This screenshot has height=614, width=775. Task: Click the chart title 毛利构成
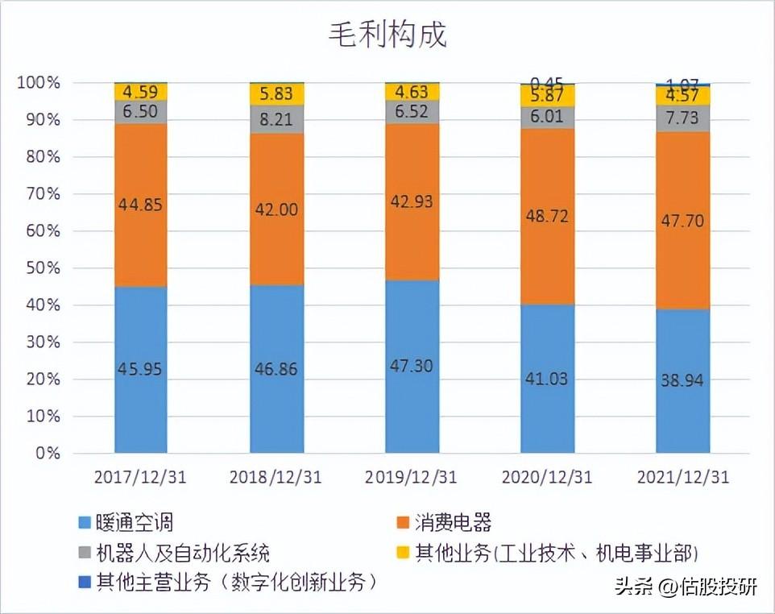pyautogui.click(x=387, y=35)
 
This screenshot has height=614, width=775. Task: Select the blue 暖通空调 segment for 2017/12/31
pyautogui.click(x=141, y=370)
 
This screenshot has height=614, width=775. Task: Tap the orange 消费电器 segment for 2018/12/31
pyautogui.click(x=276, y=210)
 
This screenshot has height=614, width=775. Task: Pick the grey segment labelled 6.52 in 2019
pyautogui.click(x=412, y=112)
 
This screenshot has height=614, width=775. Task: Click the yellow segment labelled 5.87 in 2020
pyautogui.click(x=547, y=96)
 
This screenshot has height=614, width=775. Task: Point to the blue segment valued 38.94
pyautogui.click(x=682, y=380)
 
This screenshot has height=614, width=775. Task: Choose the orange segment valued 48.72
pyautogui.click(x=547, y=217)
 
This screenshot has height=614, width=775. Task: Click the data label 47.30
pyautogui.click(x=412, y=366)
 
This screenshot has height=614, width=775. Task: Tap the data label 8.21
pyautogui.click(x=276, y=120)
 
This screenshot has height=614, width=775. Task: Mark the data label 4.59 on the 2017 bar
pyautogui.click(x=141, y=91)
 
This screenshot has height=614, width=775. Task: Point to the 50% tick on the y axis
pyautogui.click(x=39, y=268)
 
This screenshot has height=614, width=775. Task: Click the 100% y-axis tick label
pyautogui.click(x=37, y=83)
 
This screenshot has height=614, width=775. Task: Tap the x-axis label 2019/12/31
pyautogui.click(x=412, y=477)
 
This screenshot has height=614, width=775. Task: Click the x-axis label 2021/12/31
pyautogui.click(x=682, y=477)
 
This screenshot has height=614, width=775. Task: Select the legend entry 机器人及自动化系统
pyautogui.click(x=182, y=553)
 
